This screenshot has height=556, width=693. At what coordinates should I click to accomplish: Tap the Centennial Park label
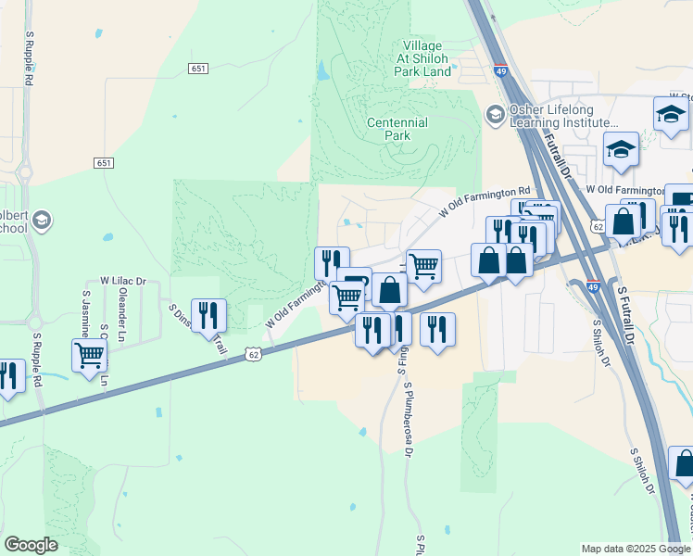(x=397, y=129)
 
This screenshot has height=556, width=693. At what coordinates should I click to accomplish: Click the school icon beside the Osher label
(x=495, y=114)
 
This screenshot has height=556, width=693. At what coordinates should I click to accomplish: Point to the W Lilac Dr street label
(x=123, y=281)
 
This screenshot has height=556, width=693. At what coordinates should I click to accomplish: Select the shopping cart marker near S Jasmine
(x=90, y=355)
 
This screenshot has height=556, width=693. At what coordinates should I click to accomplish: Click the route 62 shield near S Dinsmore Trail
(x=254, y=353)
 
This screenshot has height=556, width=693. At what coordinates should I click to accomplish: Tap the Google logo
(x=31, y=545)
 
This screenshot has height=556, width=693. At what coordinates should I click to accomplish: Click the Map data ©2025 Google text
(x=635, y=549)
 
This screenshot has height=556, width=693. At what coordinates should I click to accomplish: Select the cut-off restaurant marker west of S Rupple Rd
(x=9, y=375)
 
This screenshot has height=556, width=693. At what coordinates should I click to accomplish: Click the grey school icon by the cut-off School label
(x=41, y=221)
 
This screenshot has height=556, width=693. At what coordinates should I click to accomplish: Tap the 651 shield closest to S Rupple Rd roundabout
(x=104, y=163)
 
